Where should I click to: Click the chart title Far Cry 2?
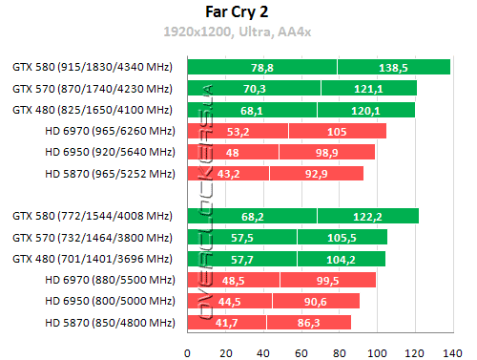[238, 13]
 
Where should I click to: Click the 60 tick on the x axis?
[301, 349]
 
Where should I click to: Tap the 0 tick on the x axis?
[188, 349]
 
